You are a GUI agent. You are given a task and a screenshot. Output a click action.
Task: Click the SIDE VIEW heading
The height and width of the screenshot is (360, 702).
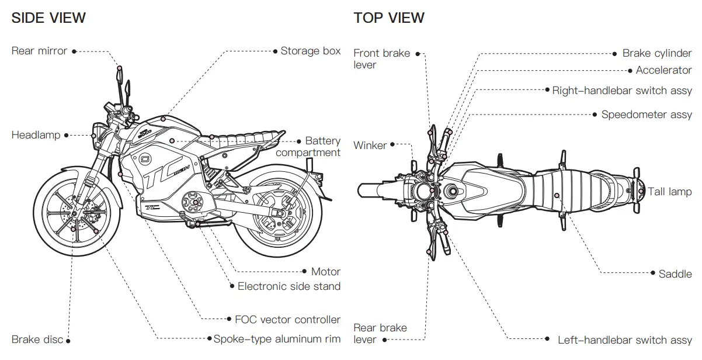tap(48, 18)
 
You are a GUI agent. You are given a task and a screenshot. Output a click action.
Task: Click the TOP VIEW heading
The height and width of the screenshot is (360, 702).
tap(389, 18)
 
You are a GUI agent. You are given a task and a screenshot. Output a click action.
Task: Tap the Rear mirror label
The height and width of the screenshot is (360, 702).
tap(39, 51)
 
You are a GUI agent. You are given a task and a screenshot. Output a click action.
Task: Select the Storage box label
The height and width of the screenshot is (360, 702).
tap(310, 51)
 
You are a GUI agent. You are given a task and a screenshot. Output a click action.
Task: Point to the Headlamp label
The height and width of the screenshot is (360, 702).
tap(36, 135)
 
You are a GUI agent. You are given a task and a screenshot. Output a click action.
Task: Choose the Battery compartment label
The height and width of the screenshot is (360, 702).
tap(308, 147)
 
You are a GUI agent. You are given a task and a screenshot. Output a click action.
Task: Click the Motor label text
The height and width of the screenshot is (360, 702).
tap(325, 271)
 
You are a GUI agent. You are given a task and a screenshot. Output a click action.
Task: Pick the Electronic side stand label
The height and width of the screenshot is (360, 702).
tap(289, 286)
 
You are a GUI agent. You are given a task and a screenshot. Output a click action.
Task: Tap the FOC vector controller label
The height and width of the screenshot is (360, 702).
tap(287, 320)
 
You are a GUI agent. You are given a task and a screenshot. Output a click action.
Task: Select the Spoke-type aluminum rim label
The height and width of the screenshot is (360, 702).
tap(277, 339)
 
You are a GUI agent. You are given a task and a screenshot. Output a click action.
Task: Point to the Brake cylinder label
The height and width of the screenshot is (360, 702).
tap(656, 53)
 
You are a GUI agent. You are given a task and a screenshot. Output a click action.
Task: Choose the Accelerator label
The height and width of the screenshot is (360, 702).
tap(663, 70)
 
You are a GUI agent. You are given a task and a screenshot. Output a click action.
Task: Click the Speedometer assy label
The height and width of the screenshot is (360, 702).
tap(647, 115)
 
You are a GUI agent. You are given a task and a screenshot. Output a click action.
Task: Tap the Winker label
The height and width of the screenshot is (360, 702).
tap(370, 145)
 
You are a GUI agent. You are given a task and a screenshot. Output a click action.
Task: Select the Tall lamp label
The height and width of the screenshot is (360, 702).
tap(669, 192)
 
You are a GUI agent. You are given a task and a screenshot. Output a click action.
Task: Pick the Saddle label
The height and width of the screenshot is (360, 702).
tap(675, 274)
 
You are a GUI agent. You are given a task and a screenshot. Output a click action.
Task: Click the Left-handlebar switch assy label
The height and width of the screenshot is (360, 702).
tap(624, 340)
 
